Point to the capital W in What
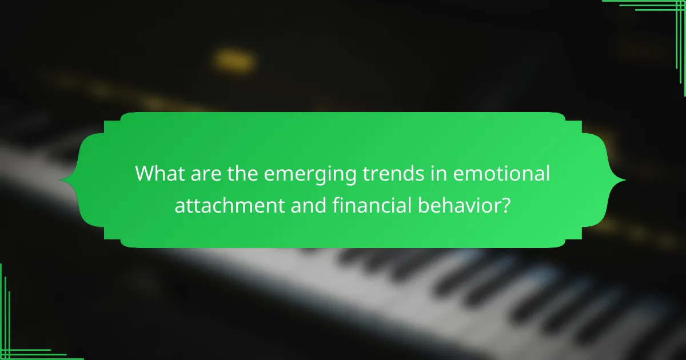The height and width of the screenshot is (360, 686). tap(144, 173)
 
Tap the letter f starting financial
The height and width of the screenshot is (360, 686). tap(336, 203)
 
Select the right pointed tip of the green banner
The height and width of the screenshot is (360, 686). tap(625, 180)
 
